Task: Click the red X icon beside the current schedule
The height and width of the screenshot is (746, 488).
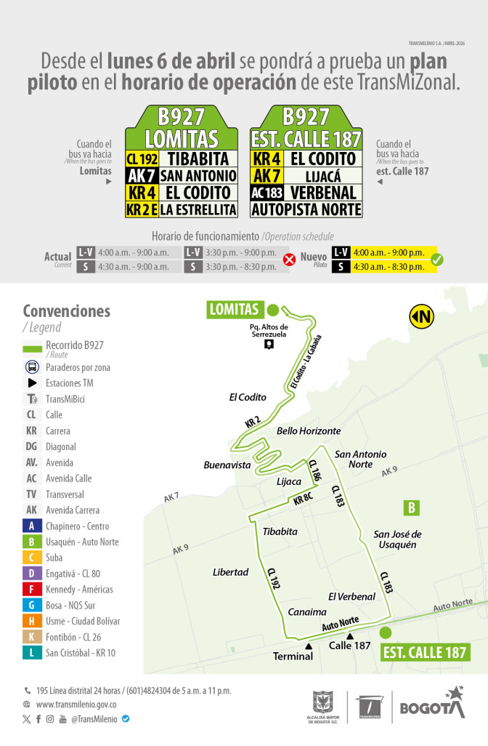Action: tap(288, 260)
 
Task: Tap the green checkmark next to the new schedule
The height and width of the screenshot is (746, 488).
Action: tap(436, 260)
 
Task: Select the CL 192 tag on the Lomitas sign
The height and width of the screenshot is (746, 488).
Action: tap(142, 159)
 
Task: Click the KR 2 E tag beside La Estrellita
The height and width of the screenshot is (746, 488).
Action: tap(142, 210)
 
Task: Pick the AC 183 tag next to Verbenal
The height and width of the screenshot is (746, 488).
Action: tap(267, 193)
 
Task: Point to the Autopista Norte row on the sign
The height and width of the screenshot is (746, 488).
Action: tap(306, 210)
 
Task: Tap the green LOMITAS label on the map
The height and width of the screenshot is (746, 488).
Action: tap(234, 309)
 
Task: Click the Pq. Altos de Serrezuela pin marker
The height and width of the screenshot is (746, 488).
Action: tap(269, 345)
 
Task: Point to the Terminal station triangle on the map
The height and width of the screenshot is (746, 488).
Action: tap(309, 646)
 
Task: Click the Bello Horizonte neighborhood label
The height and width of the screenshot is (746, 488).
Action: tap(309, 431)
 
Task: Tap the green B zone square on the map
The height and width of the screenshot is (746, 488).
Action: tap(412, 508)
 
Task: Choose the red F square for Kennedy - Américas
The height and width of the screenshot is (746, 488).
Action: tap(32, 589)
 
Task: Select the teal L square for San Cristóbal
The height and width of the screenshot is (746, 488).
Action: tap(32, 652)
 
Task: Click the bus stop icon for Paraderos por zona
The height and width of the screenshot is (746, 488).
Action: tap(32, 367)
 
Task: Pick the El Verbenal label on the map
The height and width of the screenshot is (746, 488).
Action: tap(351, 596)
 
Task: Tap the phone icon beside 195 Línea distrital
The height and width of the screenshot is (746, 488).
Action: tap(27, 690)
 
